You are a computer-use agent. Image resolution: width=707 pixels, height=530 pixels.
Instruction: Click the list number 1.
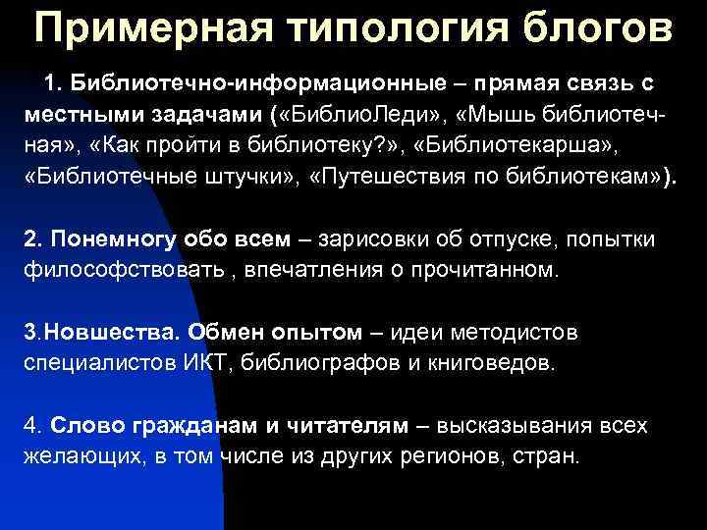coord(47,79)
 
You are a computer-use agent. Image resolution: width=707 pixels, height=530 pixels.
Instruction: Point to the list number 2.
coord(30,239)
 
